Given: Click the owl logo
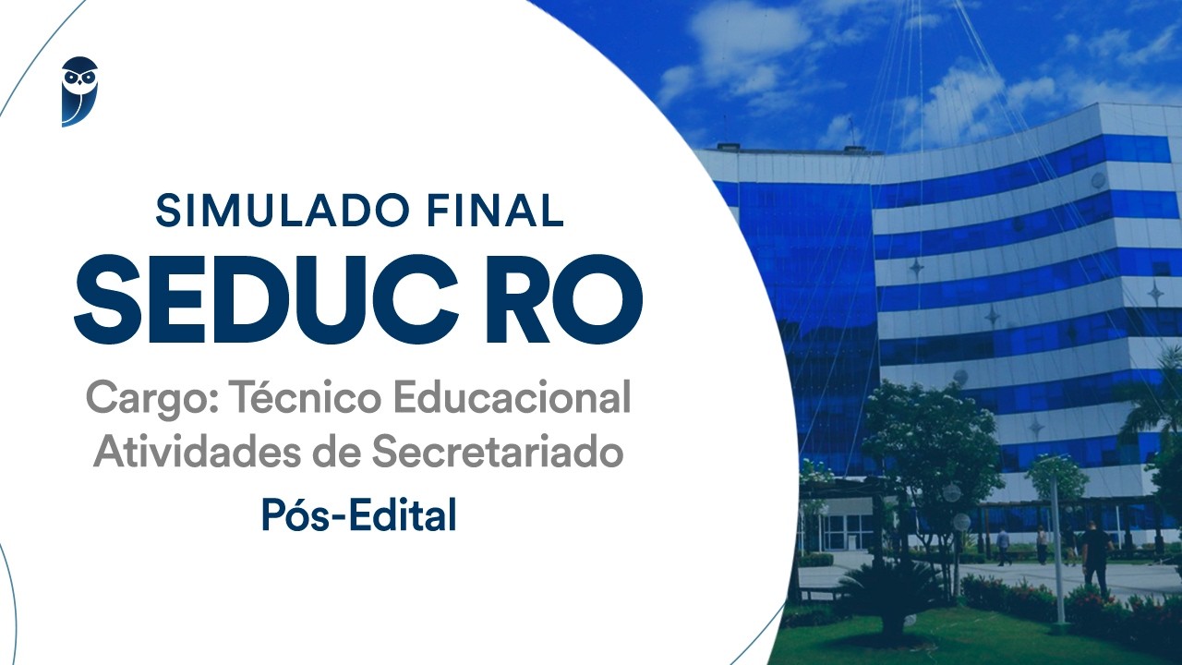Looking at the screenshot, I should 79,91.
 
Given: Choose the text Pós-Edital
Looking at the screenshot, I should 358,514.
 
